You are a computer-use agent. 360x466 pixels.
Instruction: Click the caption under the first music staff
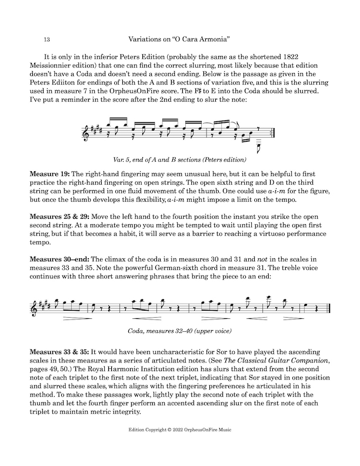[x=180, y=159]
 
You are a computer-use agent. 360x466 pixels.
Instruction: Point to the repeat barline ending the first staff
[x=269, y=134]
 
